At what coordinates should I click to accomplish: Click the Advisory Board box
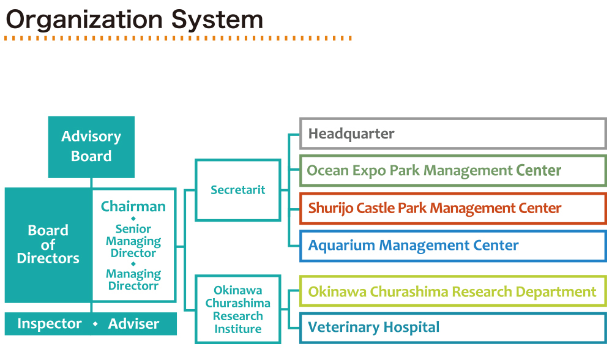click(91, 147)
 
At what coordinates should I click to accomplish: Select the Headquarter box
click(452, 133)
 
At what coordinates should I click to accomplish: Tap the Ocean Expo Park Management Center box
click(452, 170)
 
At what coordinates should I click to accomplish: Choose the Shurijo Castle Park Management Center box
click(452, 208)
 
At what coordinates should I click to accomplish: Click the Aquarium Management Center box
click(452, 246)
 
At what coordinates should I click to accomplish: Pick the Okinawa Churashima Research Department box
click(452, 291)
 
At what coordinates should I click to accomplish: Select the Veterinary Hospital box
click(452, 328)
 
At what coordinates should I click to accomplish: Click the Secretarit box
click(237, 190)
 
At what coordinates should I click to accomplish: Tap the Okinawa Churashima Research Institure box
click(237, 309)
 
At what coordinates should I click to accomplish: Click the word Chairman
click(133, 206)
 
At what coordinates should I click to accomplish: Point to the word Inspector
click(50, 324)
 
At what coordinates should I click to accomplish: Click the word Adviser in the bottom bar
click(133, 324)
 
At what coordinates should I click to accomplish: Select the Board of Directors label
click(48, 244)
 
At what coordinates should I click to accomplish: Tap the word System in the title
click(217, 20)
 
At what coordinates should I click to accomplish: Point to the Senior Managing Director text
click(133, 241)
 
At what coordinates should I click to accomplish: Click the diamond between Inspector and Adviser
click(95, 324)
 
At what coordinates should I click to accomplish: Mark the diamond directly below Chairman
click(133, 219)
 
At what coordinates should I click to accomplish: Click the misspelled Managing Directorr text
click(133, 280)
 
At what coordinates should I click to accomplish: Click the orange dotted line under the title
click(177, 39)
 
